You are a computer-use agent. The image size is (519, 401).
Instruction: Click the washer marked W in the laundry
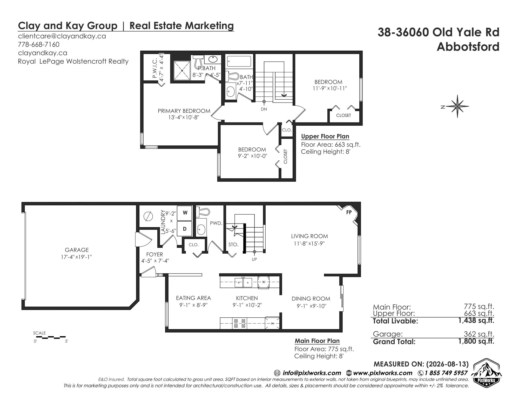(x=185, y=213)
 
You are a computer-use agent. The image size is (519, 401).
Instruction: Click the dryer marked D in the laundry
(x=185, y=229)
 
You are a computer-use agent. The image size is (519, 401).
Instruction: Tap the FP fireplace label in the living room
(x=349, y=212)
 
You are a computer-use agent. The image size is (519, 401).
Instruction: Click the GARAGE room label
(x=77, y=250)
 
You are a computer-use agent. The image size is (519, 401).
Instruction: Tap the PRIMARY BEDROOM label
(x=184, y=111)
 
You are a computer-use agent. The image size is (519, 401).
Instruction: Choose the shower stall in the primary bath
(x=182, y=71)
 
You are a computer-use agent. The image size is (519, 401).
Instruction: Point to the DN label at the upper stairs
(x=264, y=109)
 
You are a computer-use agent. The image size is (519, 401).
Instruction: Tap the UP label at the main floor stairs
(x=254, y=259)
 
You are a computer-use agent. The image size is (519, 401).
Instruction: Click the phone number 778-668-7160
(x=39, y=44)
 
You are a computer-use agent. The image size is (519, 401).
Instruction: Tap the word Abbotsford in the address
(x=468, y=47)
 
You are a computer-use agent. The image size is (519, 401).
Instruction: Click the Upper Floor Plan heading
(x=325, y=137)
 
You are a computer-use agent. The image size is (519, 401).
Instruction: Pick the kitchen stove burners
(x=240, y=323)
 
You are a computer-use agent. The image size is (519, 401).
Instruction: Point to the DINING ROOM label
(x=311, y=299)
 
